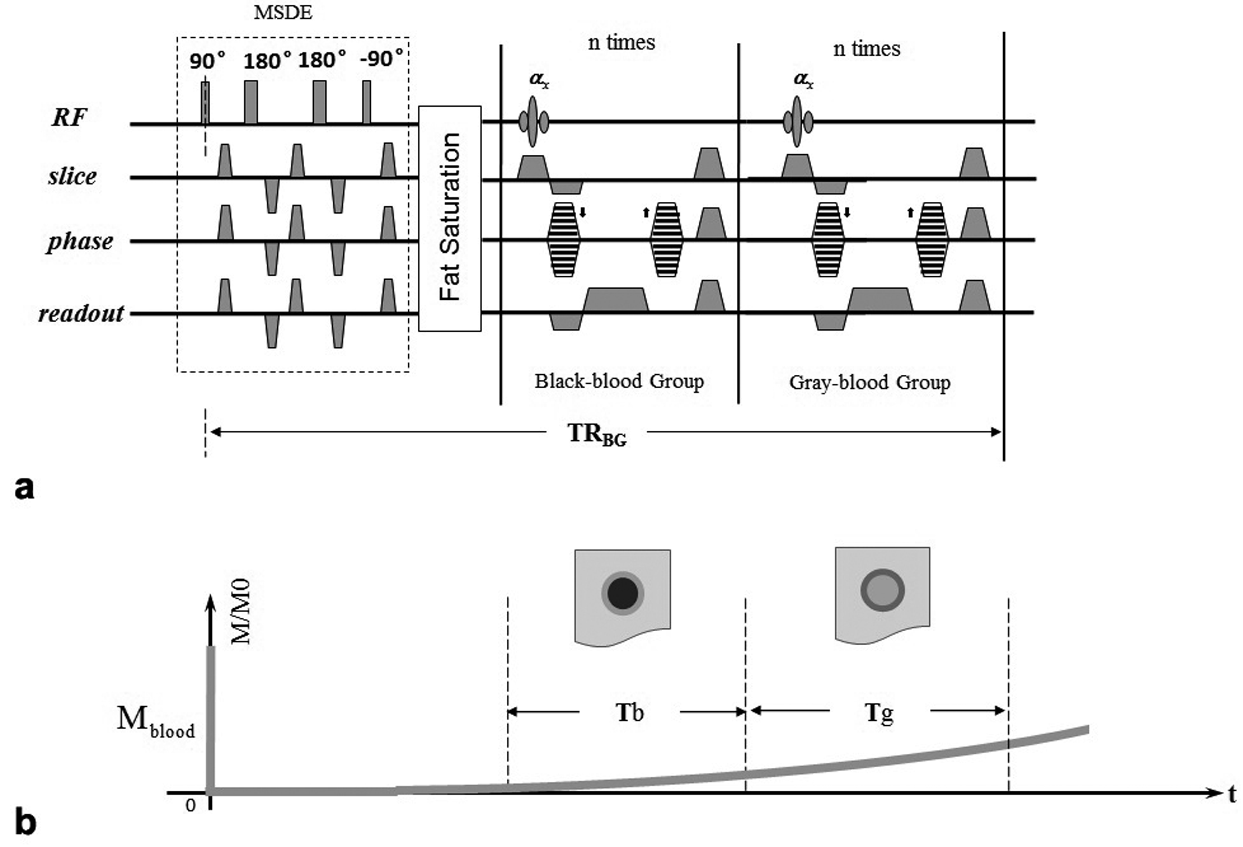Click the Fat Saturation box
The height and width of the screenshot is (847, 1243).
point(449,218)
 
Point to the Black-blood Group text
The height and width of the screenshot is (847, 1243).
point(619,381)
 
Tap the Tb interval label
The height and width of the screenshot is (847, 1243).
point(629,713)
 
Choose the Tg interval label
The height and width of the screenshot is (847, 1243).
point(879,713)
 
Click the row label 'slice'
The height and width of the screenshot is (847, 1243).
point(72,176)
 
